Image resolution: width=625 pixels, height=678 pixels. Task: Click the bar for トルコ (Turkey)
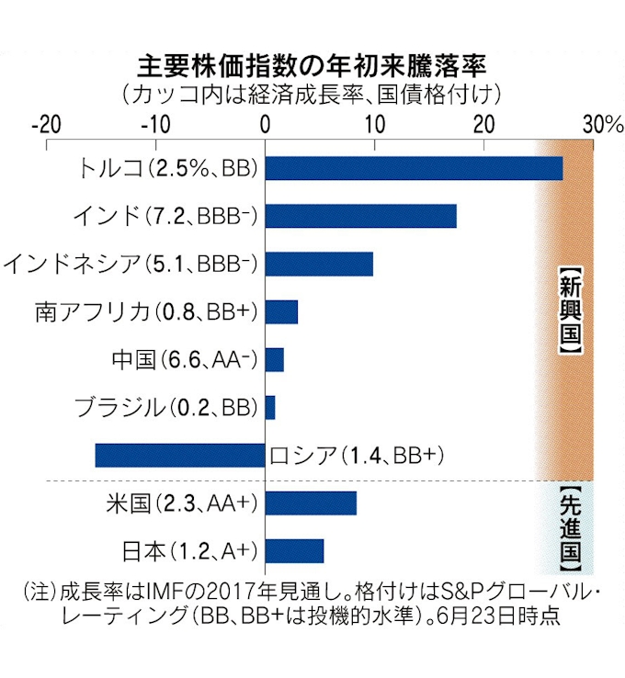coord(414,168)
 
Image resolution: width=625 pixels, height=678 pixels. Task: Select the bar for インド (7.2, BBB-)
coord(360,216)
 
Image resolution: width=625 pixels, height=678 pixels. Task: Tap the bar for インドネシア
coord(319,264)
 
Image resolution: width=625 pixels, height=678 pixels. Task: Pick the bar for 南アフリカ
coord(281,312)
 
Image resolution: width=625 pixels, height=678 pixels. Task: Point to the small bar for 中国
coord(274,359)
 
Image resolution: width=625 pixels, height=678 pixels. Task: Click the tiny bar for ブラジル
coord(270,407)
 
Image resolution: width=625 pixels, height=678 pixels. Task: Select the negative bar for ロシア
coord(180,455)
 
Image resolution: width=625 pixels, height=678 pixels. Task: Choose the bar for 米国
coord(311,503)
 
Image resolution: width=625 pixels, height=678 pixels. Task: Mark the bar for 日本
coord(294,550)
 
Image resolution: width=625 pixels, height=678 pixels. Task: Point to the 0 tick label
coord(265,124)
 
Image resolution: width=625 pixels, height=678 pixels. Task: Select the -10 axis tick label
coord(155,124)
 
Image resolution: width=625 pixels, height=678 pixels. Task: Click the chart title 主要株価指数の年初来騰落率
coord(312,66)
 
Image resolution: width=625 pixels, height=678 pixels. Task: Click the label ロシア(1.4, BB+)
coord(348,456)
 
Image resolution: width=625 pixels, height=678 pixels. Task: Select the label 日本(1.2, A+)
coord(188,551)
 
